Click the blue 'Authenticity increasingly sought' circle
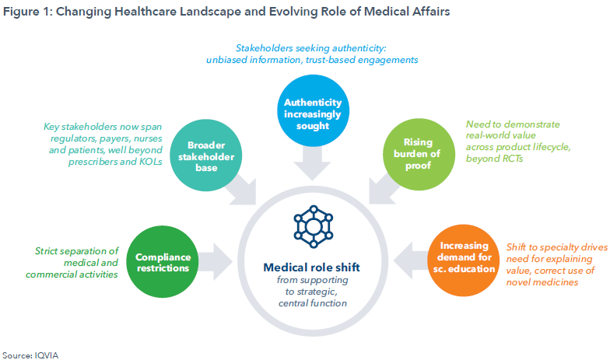point(313,110)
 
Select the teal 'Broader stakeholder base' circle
point(205,156)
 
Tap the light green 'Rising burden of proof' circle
point(419,154)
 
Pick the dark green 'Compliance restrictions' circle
point(163,261)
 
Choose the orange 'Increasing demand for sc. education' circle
point(464,260)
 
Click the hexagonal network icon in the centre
point(313,227)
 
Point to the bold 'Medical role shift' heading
point(311,267)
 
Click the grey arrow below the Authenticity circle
point(312,163)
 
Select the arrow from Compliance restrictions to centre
point(215,261)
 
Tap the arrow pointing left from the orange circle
point(411,260)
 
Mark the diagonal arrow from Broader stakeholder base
point(241,190)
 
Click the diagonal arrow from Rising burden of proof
point(384,189)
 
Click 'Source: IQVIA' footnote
point(30,355)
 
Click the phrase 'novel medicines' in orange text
point(542,282)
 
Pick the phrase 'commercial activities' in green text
point(72,274)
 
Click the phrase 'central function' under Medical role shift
point(313,303)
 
